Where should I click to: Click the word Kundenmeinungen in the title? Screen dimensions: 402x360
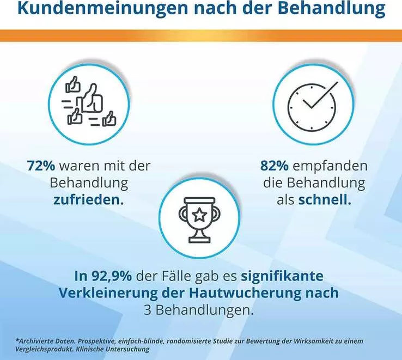coord(102,9)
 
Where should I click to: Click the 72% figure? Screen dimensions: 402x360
coord(41,166)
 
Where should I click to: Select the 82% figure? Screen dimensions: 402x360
coord(275,166)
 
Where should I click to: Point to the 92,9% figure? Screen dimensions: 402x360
coord(112,277)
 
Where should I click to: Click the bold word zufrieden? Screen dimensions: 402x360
coord(88,200)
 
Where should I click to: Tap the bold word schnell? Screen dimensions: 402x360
coord(325,200)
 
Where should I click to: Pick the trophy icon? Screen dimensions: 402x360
coord(199,220)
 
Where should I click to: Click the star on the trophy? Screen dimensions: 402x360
coord(199,215)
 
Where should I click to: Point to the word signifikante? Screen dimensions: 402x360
coord(282,277)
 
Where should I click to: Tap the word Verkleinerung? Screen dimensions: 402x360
coord(108,293)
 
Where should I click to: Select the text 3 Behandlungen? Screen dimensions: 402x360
coord(198,310)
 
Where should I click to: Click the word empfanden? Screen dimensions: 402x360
coord(330,167)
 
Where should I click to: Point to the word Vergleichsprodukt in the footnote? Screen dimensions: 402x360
coord(44,350)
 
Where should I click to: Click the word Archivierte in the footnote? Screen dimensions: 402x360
coord(35,341)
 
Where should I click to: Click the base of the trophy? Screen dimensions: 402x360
coord(199,240)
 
